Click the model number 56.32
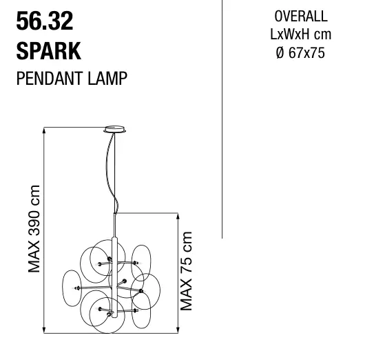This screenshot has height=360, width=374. (x=45, y=21)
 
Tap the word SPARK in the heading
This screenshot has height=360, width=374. (x=49, y=51)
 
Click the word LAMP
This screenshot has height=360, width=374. (x=107, y=79)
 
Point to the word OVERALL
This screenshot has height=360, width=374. (x=301, y=17)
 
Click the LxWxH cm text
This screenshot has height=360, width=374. (x=300, y=34)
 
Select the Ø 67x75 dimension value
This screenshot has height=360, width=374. (x=300, y=52)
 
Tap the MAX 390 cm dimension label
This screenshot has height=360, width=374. (x=34, y=228)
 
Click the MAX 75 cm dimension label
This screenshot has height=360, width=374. (x=186, y=271)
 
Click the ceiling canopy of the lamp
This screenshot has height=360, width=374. (x=115, y=129)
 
